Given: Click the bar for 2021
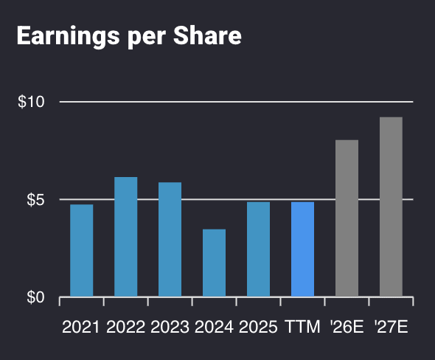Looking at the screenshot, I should [x=81, y=251].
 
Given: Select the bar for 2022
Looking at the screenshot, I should [x=125, y=237].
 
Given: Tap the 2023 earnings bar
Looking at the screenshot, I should [x=170, y=240].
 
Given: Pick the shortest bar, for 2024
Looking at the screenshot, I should [x=214, y=263].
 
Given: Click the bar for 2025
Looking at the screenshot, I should [x=258, y=249].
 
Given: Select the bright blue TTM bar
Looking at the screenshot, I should [x=302, y=249].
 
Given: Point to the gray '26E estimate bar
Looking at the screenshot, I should [x=347, y=218].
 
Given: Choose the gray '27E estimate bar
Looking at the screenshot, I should [x=391, y=207].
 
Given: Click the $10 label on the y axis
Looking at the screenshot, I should [x=31, y=102].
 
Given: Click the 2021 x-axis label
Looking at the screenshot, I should [x=81, y=327].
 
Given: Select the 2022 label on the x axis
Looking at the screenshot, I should [x=125, y=327].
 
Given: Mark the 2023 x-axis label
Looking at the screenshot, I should [x=170, y=327].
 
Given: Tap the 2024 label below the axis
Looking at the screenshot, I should [x=214, y=327].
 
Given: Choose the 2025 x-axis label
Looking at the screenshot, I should [x=258, y=327].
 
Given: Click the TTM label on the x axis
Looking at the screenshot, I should [x=302, y=327].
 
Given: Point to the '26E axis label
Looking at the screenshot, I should [x=347, y=327].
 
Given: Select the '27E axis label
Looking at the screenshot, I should [x=391, y=327].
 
